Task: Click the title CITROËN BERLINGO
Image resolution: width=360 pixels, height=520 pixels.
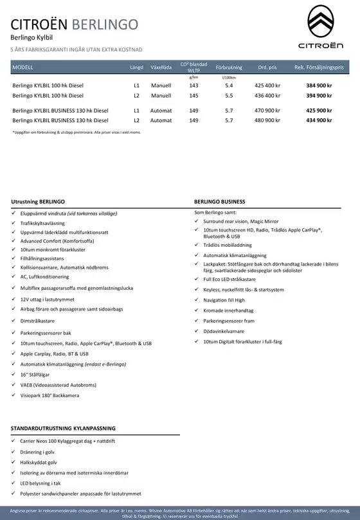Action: (x=75, y=24)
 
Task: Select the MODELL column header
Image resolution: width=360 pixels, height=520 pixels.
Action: (x=23, y=67)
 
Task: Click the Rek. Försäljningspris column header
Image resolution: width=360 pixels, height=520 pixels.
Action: (x=319, y=67)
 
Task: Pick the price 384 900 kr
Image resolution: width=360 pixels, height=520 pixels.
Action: (x=319, y=85)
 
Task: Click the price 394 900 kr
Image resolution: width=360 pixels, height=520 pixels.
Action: (x=319, y=95)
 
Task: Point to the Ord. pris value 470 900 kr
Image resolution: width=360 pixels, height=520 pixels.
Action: (x=267, y=111)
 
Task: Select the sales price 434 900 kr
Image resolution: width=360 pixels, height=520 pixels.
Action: (x=319, y=120)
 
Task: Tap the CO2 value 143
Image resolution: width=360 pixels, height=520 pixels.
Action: (x=194, y=85)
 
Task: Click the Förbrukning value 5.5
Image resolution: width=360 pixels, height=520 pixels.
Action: (x=229, y=95)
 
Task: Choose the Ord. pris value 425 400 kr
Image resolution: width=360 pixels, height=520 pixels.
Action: (x=267, y=85)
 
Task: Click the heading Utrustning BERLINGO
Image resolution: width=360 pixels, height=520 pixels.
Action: (x=38, y=202)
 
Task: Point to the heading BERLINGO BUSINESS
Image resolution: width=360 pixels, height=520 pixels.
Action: (x=219, y=202)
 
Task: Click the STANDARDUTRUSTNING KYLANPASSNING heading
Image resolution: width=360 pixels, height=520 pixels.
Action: (x=63, y=427)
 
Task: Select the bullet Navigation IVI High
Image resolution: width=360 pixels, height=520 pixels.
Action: (x=224, y=300)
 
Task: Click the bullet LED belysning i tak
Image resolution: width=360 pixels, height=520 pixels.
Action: (x=40, y=483)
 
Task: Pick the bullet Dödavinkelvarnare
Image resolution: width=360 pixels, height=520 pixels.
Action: (x=224, y=331)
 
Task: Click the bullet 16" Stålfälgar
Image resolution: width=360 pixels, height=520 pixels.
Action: (x=36, y=373)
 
